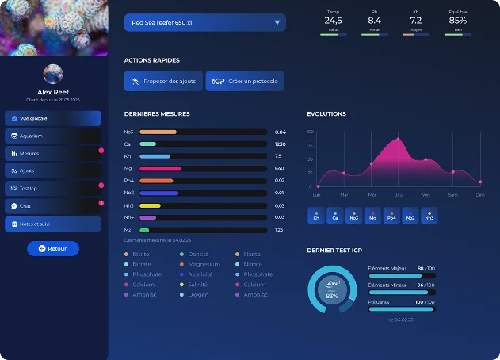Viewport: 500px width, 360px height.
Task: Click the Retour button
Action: point(53,248)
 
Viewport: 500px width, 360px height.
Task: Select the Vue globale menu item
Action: point(53,118)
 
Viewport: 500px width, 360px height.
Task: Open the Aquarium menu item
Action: point(53,136)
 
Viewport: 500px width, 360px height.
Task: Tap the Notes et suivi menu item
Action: point(53,224)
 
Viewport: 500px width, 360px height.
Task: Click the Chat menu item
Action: point(53,206)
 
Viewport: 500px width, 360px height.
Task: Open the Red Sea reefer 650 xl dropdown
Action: point(204,23)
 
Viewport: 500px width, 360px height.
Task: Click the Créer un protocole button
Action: point(245,81)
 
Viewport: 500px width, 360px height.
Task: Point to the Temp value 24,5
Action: point(333,21)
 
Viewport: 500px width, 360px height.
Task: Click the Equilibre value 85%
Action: point(457,21)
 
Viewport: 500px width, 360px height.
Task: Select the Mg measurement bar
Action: point(203,168)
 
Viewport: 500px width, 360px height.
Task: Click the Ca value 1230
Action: point(280,144)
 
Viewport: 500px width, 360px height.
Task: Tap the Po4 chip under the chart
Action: point(391,216)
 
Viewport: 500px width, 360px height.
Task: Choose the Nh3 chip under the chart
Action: point(429,216)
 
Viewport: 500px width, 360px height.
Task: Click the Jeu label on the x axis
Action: point(398,194)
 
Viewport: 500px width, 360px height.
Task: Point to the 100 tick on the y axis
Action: point(311,132)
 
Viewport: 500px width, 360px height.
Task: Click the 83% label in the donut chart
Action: point(331,296)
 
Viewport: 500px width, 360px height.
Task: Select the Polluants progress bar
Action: point(402,308)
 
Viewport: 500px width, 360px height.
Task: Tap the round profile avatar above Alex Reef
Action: point(53,75)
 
